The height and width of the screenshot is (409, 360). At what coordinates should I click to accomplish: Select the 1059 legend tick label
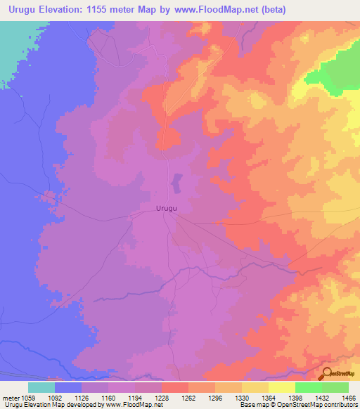coord(27,398)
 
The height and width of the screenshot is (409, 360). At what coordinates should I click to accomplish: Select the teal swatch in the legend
coord(41,387)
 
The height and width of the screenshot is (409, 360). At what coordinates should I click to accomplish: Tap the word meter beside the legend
coord(10,398)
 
